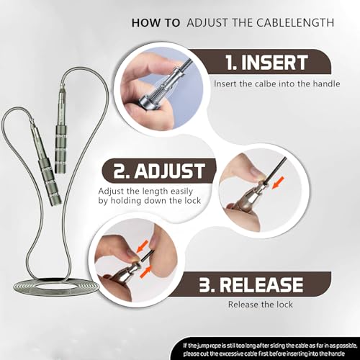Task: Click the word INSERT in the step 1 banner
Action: tap(274, 63)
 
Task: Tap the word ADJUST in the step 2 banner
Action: tap(170, 171)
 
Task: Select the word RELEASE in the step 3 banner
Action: tap(261, 285)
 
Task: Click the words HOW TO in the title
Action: tap(156, 23)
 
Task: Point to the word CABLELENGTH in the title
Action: tap(295, 23)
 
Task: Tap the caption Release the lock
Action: tap(261, 305)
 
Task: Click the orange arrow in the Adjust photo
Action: tap(278, 183)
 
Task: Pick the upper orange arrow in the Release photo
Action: tap(142, 247)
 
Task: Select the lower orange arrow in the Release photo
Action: tap(146, 271)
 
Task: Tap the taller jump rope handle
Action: tap(60, 130)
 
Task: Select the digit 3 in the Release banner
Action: tap(204, 285)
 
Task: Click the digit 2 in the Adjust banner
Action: tap(120, 171)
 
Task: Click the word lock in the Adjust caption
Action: tap(193, 200)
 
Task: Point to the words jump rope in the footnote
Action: tap(210, 346)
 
